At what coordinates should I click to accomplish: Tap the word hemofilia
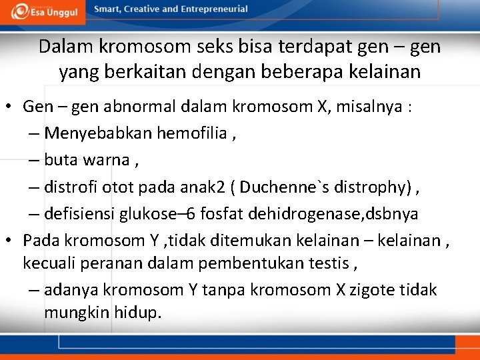[192, 133]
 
